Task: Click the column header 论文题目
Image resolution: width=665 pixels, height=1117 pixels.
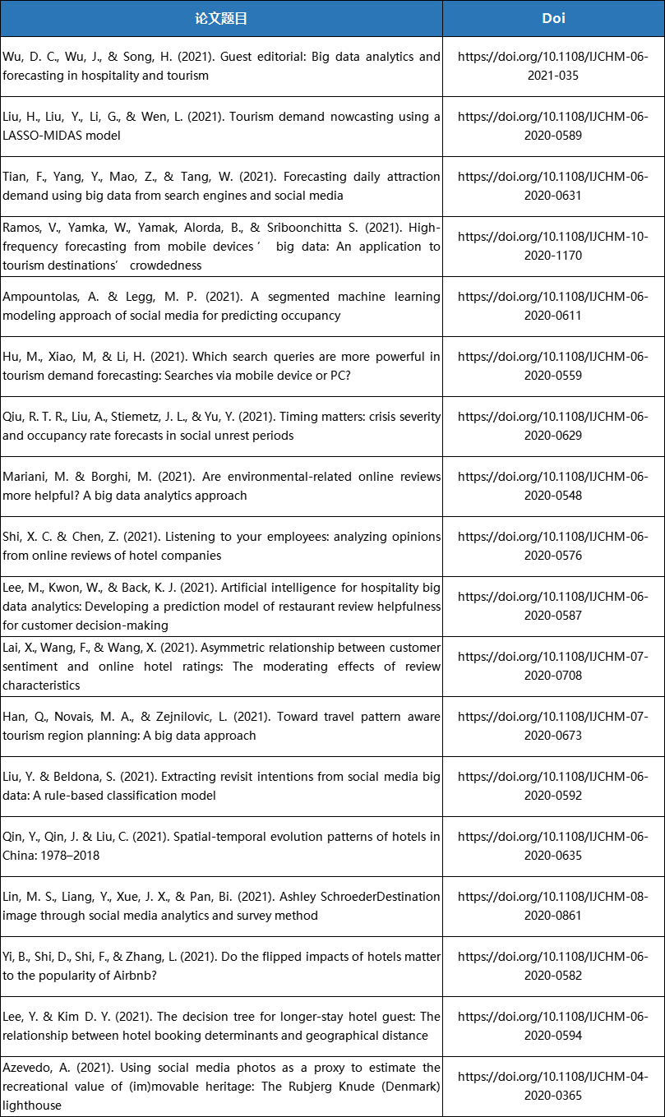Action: tap(221, 18)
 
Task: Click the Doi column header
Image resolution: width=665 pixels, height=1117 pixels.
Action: tap(553, 18)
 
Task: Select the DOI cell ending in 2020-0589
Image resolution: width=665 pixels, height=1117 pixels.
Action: tap(553, 126)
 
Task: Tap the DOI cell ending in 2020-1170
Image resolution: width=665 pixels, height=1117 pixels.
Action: tap(553, 246)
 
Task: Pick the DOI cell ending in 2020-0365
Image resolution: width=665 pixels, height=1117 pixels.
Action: tap(553, 1086)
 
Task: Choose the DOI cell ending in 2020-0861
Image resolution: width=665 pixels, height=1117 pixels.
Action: tap(553, 906)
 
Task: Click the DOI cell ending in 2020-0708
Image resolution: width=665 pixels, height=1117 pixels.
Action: tap(553, 666)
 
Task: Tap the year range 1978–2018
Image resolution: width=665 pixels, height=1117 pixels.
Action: tap(74, 856)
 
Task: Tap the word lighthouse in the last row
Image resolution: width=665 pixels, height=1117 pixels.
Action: tap(31, 1105)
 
